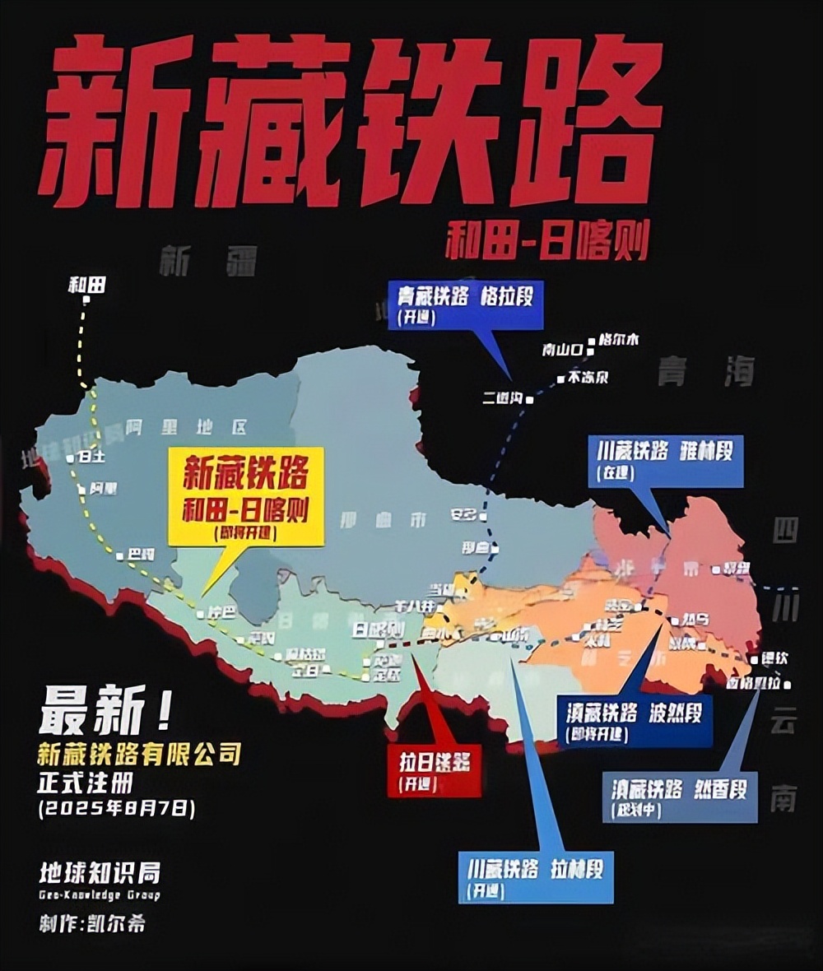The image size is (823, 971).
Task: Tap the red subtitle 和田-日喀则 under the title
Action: [547, 242]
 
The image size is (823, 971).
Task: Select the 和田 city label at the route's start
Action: [86, 286]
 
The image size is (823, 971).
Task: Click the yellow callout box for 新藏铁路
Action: [245, 496]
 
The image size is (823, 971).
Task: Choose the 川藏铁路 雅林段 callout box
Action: [666, 460]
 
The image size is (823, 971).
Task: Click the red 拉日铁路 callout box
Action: [435, 772]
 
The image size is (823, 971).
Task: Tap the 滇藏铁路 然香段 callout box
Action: [679, 797]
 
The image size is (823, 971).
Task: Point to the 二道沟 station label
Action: [504, 398]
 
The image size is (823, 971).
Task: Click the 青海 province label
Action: [705, 373]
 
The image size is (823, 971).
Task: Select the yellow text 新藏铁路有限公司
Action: [139, 752]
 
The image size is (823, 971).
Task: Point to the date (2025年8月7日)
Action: [116, 808]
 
